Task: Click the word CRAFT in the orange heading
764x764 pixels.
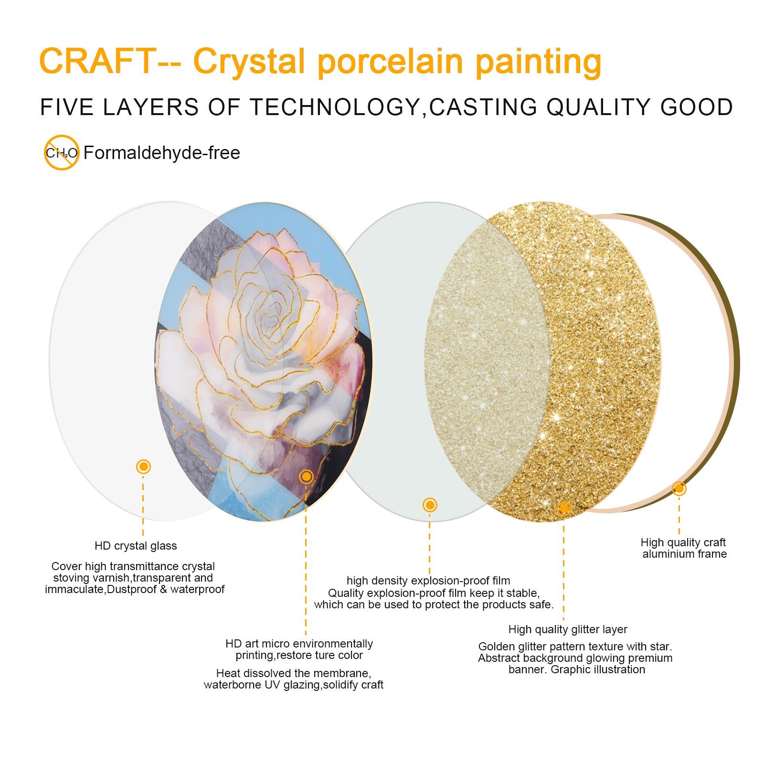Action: [95, 60]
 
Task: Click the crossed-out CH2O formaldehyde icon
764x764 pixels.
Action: [62, 153]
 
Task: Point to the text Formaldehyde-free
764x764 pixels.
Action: [162, 153]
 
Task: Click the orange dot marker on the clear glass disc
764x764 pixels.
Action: [143, 467]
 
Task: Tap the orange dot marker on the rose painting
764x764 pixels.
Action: [306, 476]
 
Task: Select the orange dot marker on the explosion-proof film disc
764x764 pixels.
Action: [430, 505]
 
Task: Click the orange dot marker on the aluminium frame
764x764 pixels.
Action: [679, 488]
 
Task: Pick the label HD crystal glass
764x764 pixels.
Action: [136, 546]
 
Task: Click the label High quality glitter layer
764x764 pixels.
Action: [568, 629]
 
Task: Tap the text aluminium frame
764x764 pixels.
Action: [684, 554]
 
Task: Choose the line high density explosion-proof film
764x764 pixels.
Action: [428, 581]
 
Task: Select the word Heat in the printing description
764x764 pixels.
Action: [227, 673]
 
